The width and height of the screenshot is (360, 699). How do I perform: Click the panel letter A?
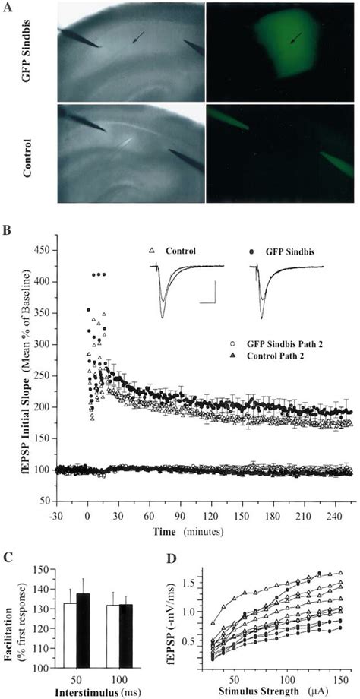(x=7, y=8)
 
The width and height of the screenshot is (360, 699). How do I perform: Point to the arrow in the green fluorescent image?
(x=295, y=38)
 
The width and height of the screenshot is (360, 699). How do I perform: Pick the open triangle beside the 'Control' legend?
(x=153, y=251)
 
